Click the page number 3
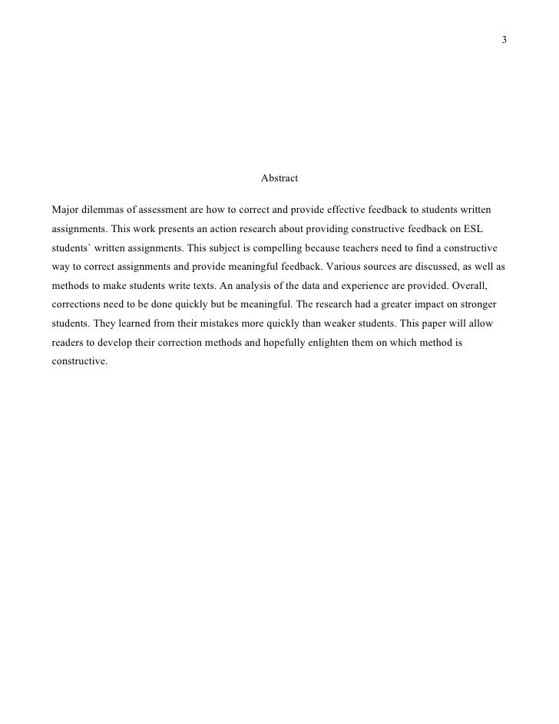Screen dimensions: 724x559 pyautogui.click(x=504, y=40)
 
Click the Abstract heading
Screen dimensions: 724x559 pyautogui.click(x=279, y=178)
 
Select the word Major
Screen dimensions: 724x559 pyautogui.click(x=65, y=209)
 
